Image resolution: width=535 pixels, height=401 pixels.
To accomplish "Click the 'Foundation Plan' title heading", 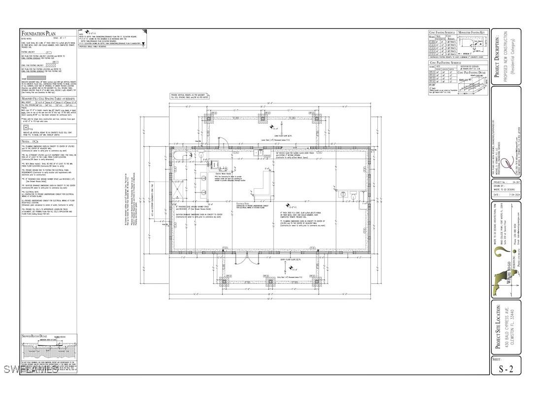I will (42, 33).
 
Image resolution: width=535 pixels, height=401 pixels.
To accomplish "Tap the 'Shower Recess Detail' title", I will (37, 336).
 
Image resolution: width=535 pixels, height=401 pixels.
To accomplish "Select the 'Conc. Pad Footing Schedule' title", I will (445, 63).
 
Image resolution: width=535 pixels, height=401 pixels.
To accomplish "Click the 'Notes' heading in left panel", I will (30, 141).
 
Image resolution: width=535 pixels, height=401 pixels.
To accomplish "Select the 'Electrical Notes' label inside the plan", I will (244, 203).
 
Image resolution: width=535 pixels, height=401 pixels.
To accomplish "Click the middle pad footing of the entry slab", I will (270, 282).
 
